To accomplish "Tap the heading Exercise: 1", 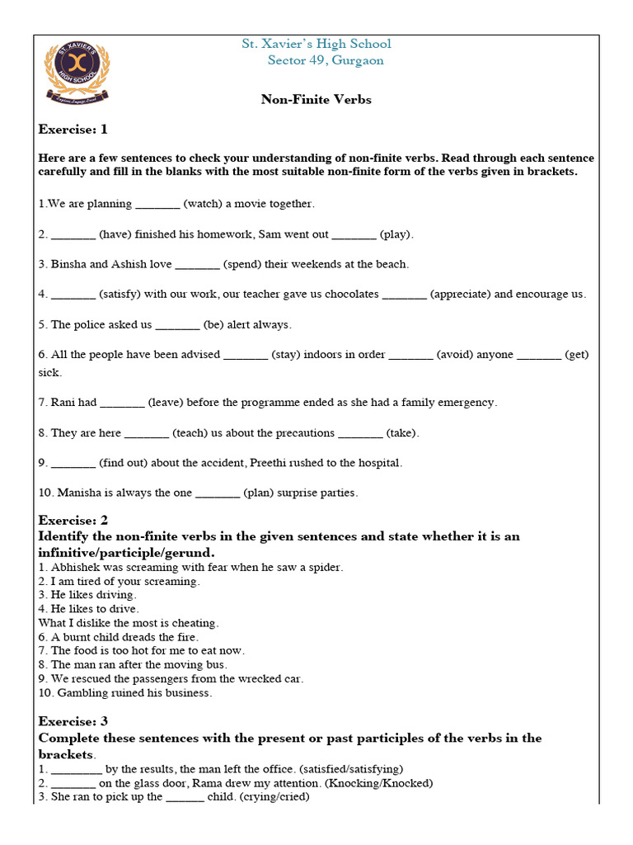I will point(73,130).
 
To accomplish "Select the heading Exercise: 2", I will point(73,521).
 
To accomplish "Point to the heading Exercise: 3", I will point(73,721).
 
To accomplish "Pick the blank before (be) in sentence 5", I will point(178,324).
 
